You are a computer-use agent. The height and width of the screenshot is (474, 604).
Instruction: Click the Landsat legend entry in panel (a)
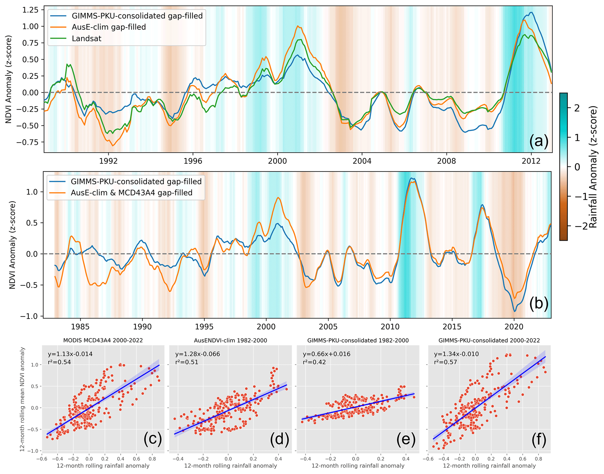click(86, 39)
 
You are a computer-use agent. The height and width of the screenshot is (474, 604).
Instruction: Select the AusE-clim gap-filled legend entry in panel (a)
click(109, 27)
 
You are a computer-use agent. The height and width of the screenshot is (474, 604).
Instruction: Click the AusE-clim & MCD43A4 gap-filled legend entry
click(131, 193)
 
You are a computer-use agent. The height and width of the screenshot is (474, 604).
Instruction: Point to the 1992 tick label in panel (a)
click(108, 161)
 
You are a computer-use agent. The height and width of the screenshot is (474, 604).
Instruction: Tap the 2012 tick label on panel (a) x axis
click(531, 161)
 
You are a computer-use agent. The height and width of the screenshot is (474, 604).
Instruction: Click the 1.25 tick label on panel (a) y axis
click(30, 10)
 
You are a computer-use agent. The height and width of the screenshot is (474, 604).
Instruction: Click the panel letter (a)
click(539, 141)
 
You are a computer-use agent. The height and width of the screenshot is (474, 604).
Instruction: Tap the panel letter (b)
click(539, 303)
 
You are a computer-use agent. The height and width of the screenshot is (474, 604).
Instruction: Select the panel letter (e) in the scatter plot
click(406, 439)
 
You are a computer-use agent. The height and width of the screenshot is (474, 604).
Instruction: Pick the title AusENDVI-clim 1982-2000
click(231, 340)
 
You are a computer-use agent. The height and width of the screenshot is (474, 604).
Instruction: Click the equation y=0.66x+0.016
click(326, 354)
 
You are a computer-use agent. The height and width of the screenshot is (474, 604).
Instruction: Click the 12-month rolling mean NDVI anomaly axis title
click(22, 399)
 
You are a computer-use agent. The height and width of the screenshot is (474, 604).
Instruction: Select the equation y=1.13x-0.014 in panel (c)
click(70, 354)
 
